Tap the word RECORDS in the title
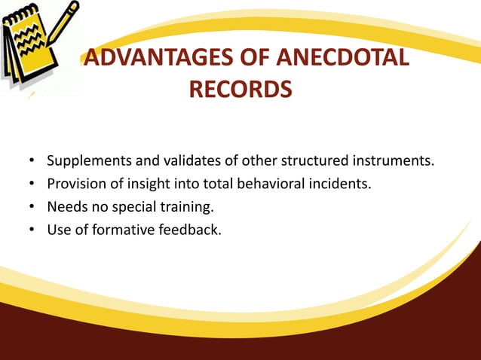pyautogui.click(x=240, y=90)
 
